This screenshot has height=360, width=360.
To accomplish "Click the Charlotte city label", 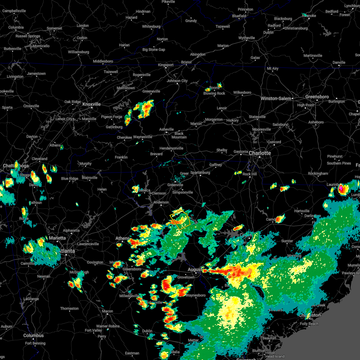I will click(259, 153).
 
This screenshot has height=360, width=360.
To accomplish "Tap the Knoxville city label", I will click(91, 104).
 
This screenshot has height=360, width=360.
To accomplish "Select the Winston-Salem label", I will click(276, 98).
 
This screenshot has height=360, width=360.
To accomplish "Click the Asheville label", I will click(166, 129).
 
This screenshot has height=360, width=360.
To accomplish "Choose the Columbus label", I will click(34, 335).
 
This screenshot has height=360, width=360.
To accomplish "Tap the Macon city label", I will click(107, 311).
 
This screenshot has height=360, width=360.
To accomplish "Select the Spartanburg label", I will click(200, 172).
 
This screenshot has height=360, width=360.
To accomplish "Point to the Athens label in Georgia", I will click(122, 238).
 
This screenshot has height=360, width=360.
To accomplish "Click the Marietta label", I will click(57, 238).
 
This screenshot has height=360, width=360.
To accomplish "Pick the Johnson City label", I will click(177, 81).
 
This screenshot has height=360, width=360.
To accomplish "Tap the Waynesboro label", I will click(196, 295).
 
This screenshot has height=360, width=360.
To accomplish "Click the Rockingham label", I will click(318, 173).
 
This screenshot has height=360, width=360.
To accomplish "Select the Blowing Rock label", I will click(214, 93).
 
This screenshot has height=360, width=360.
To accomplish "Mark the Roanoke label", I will click(309, 16).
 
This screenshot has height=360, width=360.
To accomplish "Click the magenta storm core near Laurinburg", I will click(341, 189).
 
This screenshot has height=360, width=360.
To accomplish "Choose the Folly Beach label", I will click(309, 324).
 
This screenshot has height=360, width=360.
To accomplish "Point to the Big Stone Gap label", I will click(154, 49).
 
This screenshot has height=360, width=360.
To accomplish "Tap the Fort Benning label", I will click(35, 343).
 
